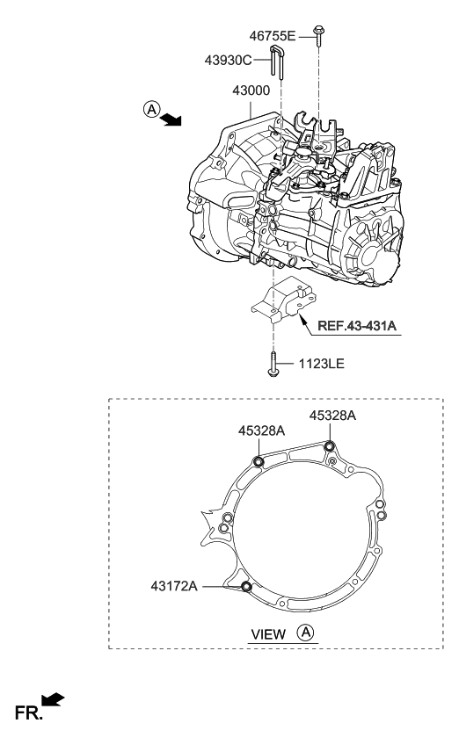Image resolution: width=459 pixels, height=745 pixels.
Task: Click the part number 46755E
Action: pos(274,36)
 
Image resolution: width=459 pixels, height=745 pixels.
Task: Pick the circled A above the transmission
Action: pos(152,110)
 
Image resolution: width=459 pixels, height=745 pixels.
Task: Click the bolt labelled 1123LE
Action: pos(275,362)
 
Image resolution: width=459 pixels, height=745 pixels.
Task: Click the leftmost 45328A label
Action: pos(260,430)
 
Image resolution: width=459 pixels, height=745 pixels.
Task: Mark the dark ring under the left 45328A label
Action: pos(259,463)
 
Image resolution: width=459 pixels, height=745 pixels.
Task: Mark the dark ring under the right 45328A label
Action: pos(330,447)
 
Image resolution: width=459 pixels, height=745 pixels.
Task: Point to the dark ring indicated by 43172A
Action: pos(246,587)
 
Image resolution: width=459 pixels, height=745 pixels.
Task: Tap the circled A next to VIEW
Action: pos(305,632)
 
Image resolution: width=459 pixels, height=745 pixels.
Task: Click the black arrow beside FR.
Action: pos(53,700)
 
